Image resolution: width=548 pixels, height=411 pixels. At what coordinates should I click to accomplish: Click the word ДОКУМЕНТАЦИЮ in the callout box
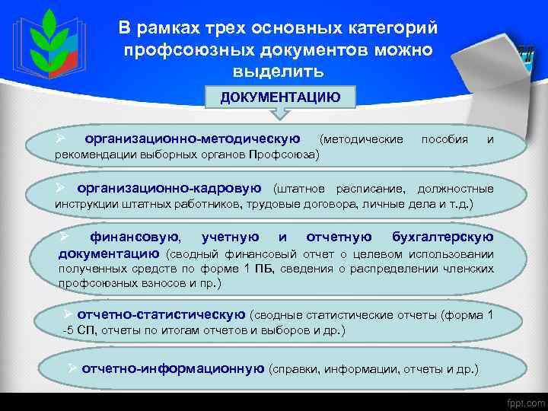pyautogui.click(x=280, y=97)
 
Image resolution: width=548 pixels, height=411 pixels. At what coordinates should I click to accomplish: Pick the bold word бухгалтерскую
pyautogui.click(x=441, y=237)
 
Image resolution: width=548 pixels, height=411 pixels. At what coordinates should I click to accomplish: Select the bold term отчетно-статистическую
pyautogui.click(x=161, y=314)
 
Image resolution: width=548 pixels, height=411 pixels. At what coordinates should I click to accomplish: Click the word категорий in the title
pyautogui.click(x=390, y=29)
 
